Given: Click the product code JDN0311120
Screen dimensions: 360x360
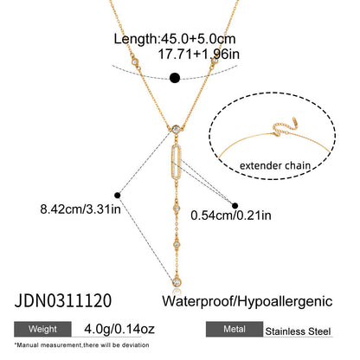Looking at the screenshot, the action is click(x=63, y=300).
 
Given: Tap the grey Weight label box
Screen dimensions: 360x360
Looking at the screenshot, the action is click(x=42, y=329).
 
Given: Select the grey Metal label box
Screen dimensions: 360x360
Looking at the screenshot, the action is click(x=235, y=329).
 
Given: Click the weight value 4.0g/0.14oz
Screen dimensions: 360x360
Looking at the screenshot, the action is click(x=119, y=329).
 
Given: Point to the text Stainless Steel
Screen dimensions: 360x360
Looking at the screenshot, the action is click(x=298, y=331).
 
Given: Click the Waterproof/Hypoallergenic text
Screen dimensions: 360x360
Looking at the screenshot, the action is click(x=247, y=301).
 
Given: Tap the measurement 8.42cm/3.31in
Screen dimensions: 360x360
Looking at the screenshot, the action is click(x=80, y=209).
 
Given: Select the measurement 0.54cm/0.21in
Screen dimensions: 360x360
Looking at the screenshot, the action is click(x=231, y=215).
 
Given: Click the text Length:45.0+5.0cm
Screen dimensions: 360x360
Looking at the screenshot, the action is click(x=175, y=39).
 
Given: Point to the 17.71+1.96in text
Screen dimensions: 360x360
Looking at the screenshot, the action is click(x=199, y=55).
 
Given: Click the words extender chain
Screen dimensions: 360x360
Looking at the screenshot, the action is click(x=275, y=165).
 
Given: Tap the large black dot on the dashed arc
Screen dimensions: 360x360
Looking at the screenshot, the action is click(x=175, y=78).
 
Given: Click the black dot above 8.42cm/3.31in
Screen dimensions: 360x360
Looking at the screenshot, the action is click(x=117, y=196).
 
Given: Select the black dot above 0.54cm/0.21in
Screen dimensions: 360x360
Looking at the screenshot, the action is click(x=235, y=206).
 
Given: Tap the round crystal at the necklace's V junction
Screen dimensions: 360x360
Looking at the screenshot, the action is click(x=176, y=129).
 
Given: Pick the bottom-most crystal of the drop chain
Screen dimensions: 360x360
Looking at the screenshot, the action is click(x=177, y=281).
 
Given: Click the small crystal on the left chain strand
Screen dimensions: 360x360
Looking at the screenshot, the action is click(x=135, y=61).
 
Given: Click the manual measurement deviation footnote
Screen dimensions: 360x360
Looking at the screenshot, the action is click(x=81, y=345).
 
